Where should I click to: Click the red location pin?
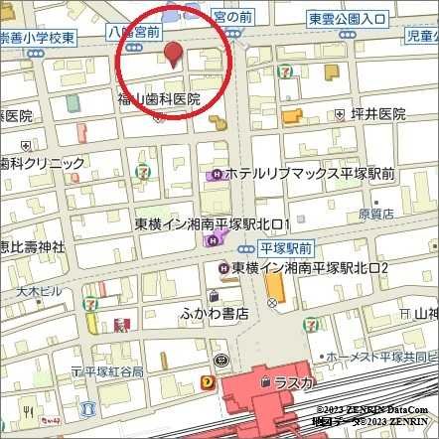pos(173,55)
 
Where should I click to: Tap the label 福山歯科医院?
pos(159,99)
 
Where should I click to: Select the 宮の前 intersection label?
pos(233,17)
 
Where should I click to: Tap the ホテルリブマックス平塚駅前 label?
pos(310,173)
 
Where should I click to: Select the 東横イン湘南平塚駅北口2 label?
pos(310,269)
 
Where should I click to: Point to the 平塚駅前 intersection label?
pos(285,247)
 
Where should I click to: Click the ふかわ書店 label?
pos(215,314)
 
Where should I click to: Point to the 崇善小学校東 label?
pos(40,35)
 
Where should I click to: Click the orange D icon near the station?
pos(207,379)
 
